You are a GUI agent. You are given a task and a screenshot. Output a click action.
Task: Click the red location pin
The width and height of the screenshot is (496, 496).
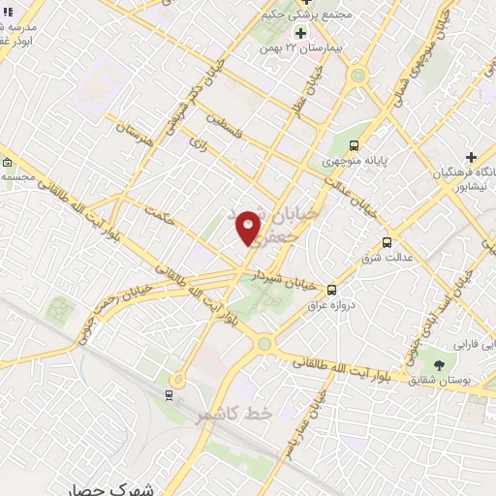point(249,228)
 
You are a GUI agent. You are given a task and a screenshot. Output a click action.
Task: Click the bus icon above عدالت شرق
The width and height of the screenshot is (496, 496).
point(387,242)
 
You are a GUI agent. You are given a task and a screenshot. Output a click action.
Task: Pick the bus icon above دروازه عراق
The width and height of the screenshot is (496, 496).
point(331,289)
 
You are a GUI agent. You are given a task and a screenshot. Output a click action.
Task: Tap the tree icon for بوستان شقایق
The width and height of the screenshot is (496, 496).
point(440,364)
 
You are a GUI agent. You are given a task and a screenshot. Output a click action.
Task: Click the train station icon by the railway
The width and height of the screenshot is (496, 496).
point(170,395)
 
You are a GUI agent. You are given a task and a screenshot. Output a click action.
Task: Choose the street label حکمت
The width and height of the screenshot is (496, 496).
point(156,215)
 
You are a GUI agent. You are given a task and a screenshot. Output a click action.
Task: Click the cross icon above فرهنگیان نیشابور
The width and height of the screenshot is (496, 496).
point(471,157)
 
